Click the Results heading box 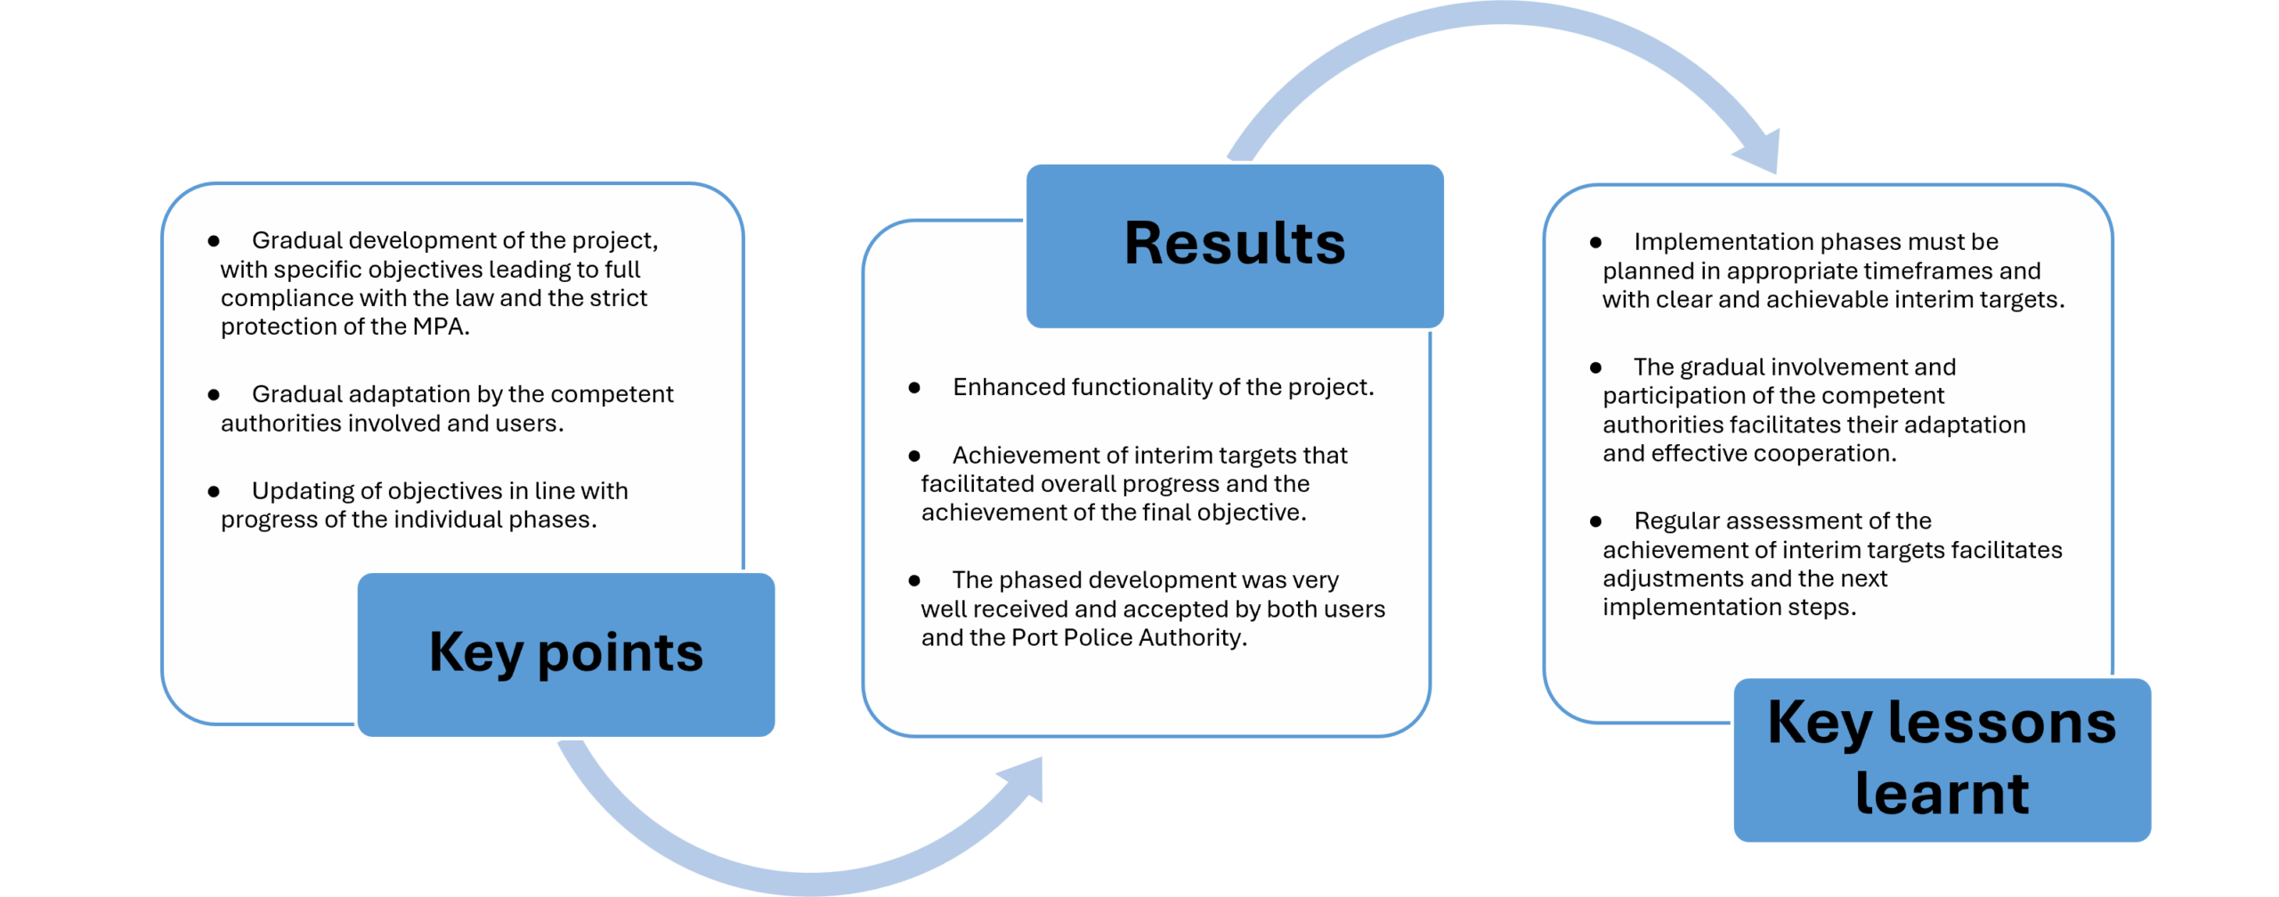point(1235,246)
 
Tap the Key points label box point(566,654)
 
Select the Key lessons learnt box point(1942,760)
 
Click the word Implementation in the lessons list point(1709,242)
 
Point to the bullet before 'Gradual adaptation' point(214,394)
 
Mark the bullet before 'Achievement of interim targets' point(914,456)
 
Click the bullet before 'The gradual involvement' point(1595,368)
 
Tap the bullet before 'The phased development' point(914,580)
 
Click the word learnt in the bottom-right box point(1942,794)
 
